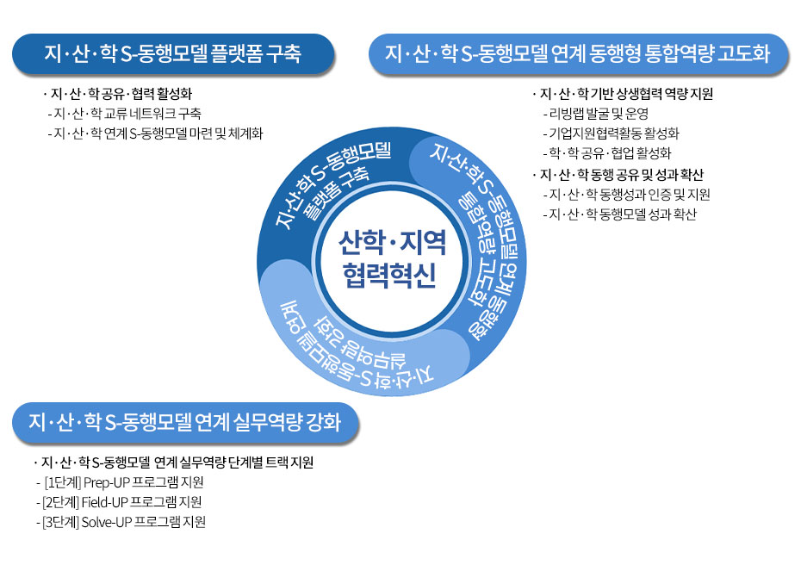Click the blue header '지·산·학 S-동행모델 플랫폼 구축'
172,54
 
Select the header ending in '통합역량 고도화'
578,54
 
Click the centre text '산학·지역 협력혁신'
392,259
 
